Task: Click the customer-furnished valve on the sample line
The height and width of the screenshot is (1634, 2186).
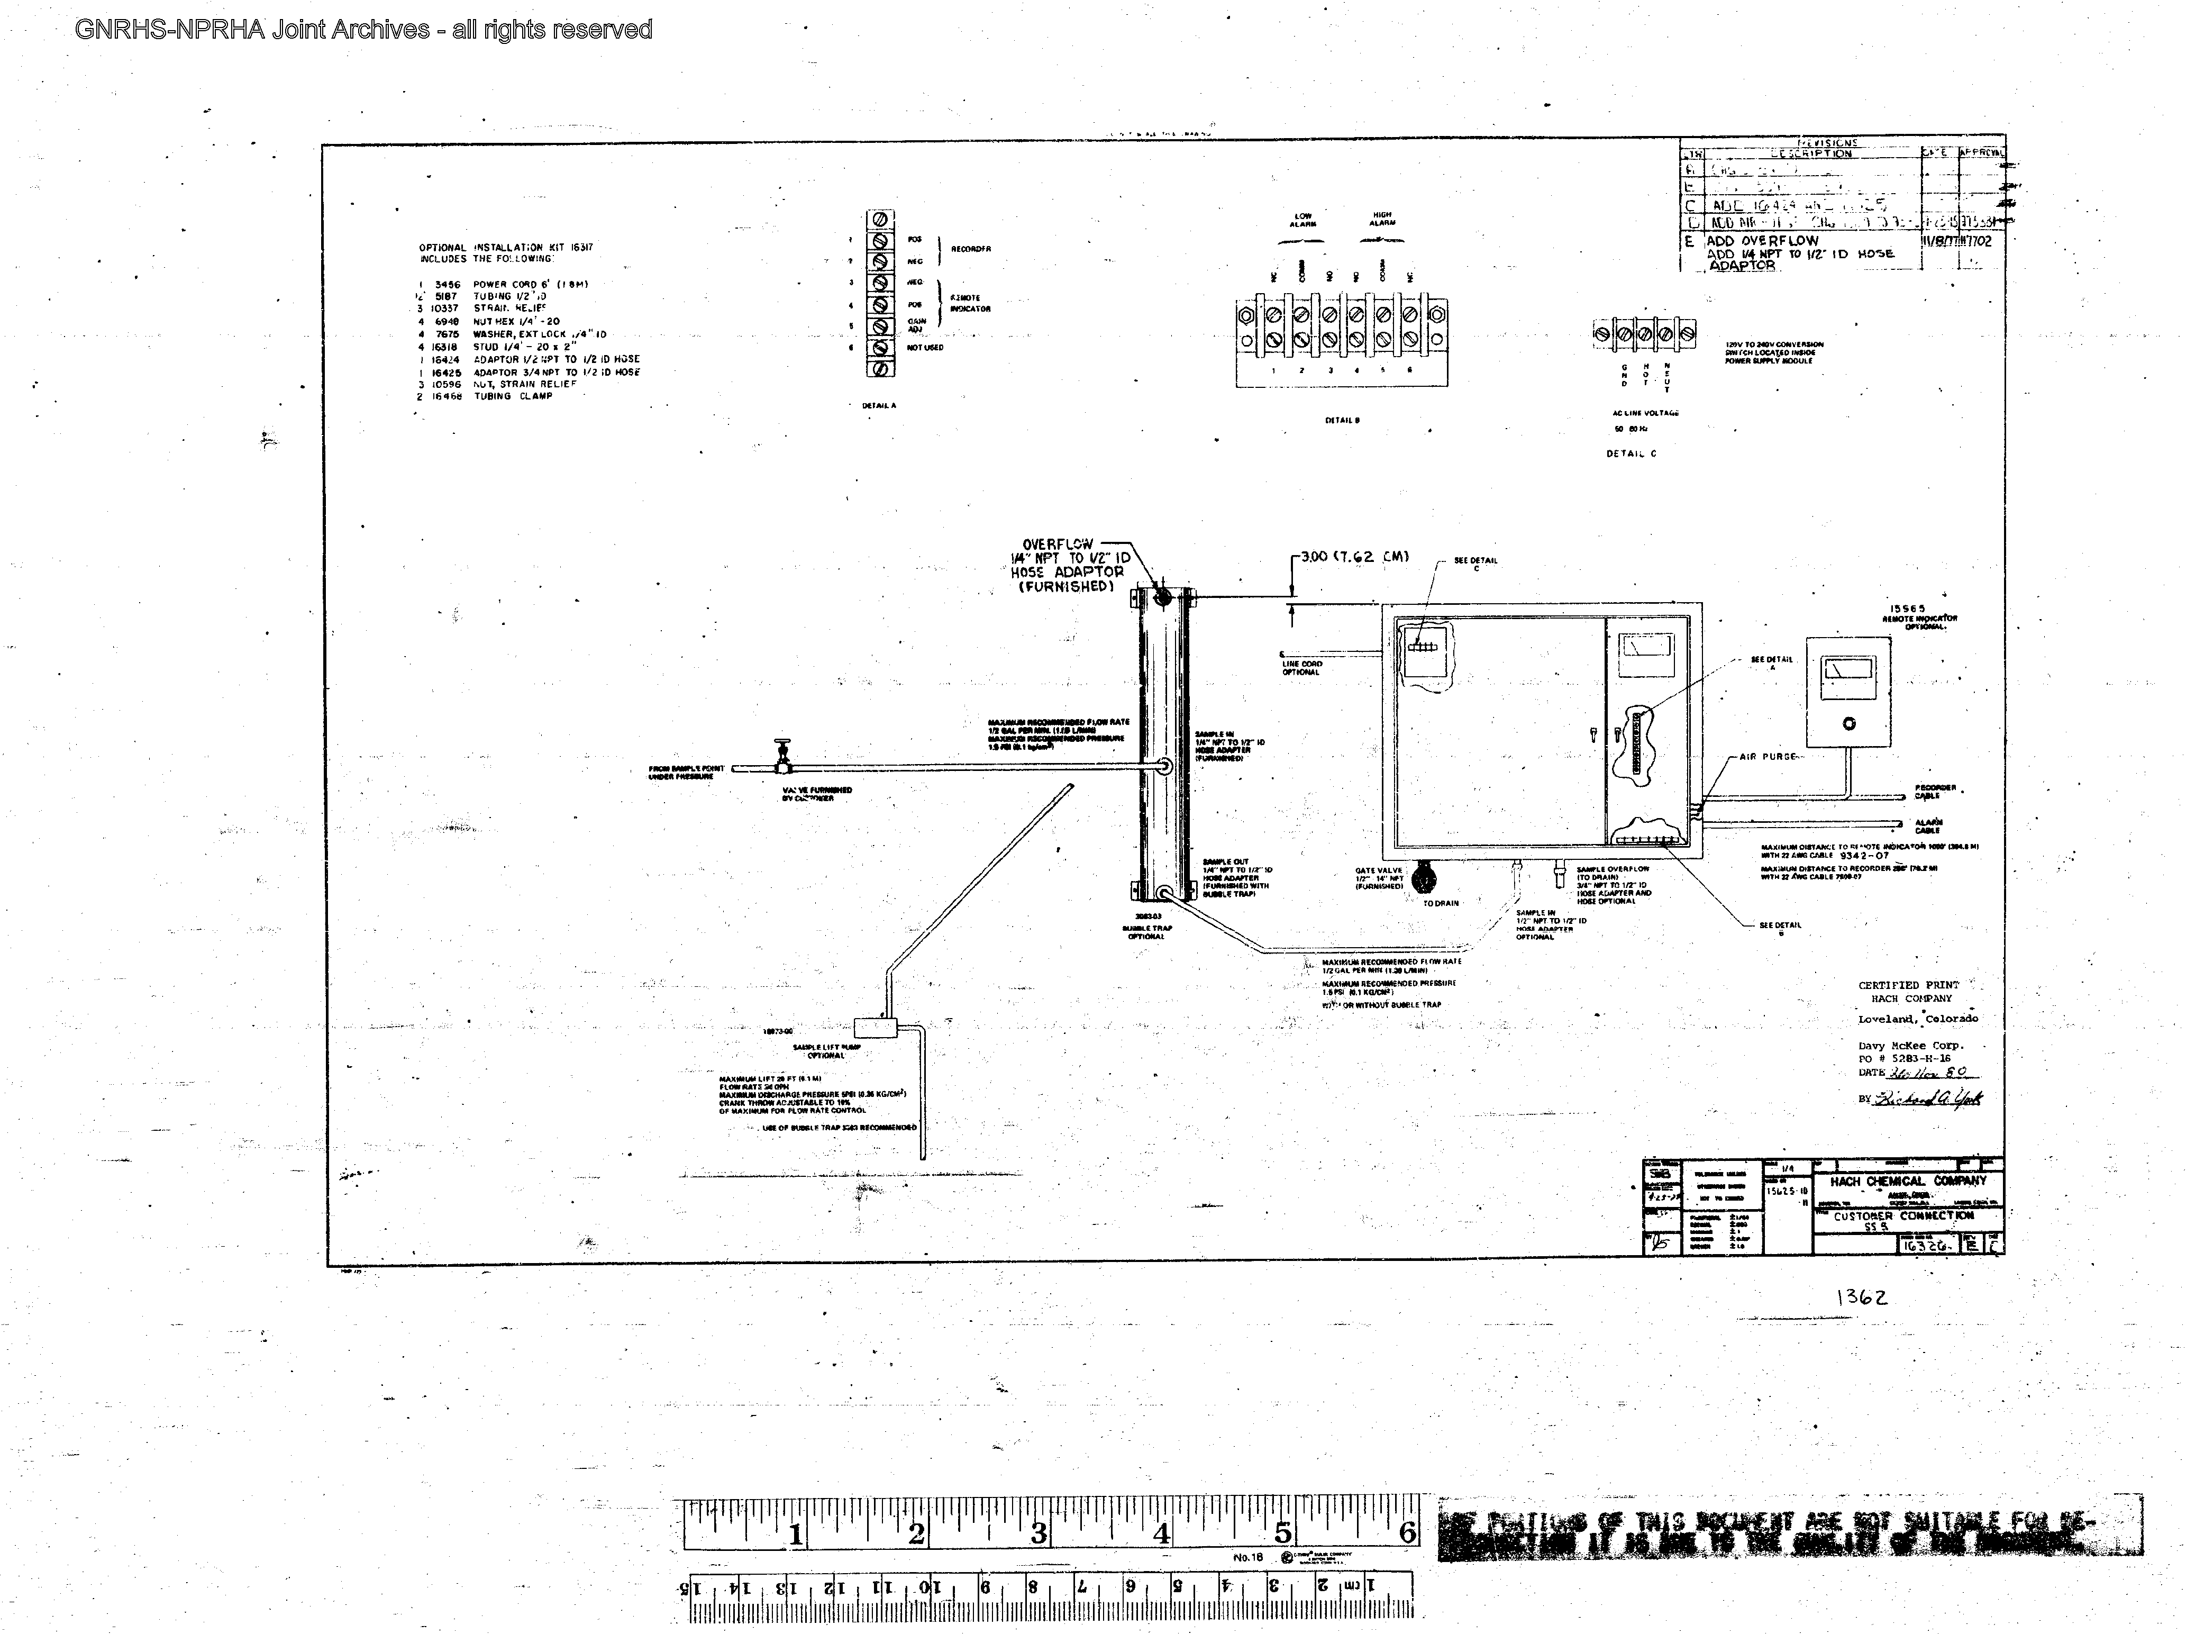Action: (782, 756)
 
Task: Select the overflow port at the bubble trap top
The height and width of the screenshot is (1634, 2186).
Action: (1163, 597)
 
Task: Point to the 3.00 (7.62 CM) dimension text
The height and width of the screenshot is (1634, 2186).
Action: (1354, 557)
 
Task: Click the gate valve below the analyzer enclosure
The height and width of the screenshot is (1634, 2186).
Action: (1423, 878)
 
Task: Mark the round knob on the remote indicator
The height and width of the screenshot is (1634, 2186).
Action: (1849, 723)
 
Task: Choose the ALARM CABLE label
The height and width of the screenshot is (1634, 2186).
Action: (1928, 825)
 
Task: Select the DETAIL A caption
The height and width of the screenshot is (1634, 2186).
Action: (879, 405)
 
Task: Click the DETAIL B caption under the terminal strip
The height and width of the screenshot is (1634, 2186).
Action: (1342, 420)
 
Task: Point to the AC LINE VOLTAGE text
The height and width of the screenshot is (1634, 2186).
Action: (1645, 413)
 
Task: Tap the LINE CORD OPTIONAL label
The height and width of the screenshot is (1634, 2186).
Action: (1301, 668)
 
